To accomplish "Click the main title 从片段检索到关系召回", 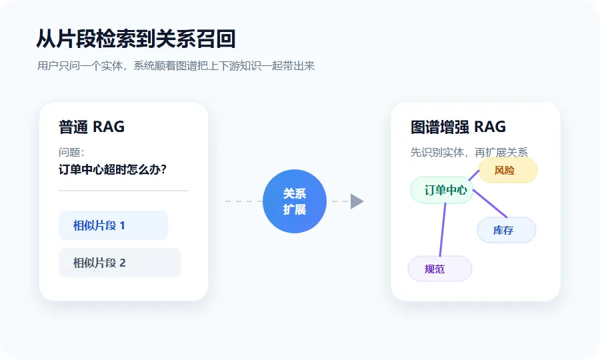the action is pos(136,39).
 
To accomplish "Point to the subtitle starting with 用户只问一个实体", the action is pos(176,66).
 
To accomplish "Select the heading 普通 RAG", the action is pos(91,127).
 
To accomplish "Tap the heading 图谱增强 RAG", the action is pos(458,127).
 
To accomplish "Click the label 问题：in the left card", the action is pos(71,152).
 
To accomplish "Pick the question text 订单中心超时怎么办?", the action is pos(113,169).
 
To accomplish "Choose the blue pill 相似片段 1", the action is pos(113,225).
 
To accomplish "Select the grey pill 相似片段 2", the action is pos(120,263).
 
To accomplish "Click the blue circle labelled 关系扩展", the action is pos(295,201).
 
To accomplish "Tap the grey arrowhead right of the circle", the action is pos(357,201).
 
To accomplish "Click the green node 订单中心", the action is pos(442,190).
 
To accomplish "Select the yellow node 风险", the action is pos(508,170).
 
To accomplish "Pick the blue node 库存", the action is pos(507,230).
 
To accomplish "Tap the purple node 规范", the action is pos(440,269).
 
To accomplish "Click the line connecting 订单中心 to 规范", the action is pos(443,229).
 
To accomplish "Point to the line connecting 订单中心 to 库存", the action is pos(490,203).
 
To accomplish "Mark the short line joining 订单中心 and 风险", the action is pos(474,175).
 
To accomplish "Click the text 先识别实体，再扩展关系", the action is pos(469,152).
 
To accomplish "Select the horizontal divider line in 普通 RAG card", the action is pos(123,190).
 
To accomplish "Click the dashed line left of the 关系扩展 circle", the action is pos(244,201).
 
